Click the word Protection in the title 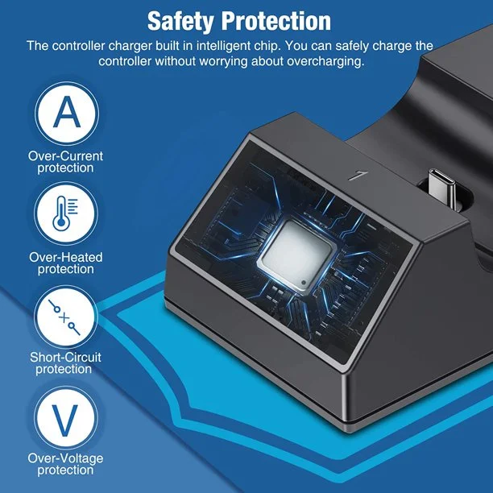pos(276,21)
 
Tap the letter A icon pos(67,114)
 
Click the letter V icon pos(66,418)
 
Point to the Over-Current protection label pos(65,162)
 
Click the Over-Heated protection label pos(66,263)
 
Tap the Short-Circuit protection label pos(65,363)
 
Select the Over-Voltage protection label pos(65,464)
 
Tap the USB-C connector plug pos(442,188)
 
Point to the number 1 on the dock pos(358,176)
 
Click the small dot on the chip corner pos(303,282)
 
